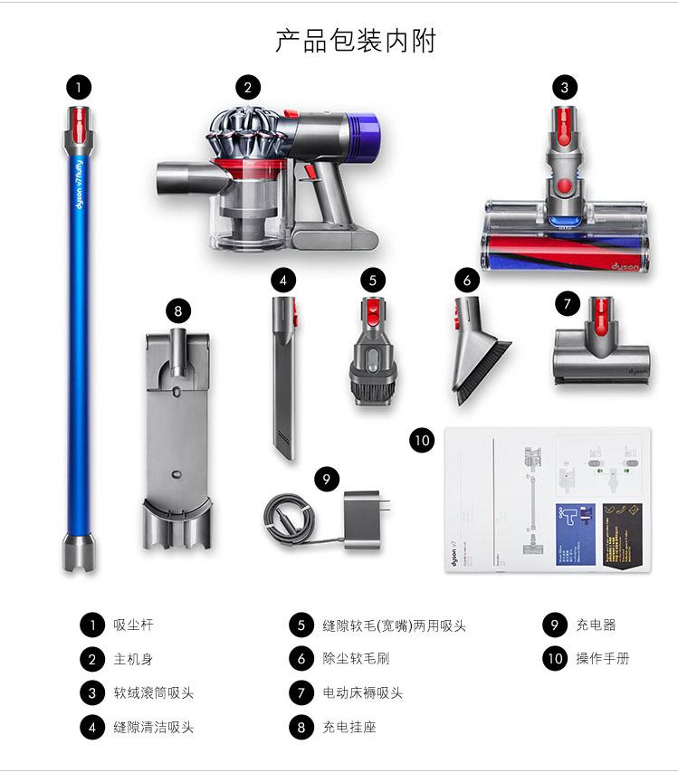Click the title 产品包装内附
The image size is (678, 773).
click(356, 41)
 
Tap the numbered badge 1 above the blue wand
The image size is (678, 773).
click(79, 87)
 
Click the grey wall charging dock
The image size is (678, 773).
click(177, 434)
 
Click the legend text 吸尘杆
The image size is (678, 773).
click(133, 625)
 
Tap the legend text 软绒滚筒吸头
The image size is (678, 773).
click(153, 693)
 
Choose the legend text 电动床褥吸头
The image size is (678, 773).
click(362, 693)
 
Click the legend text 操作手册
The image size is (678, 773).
click(602, 659)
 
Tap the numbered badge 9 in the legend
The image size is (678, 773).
click(554, 625)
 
